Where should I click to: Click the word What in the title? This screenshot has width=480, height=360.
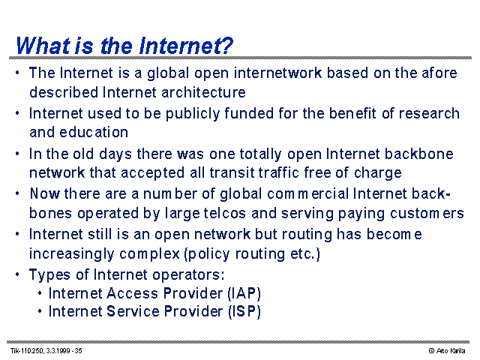pos(43,46)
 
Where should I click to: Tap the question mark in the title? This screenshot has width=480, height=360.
pos(226,46)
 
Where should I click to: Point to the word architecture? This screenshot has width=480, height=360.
pos(203,92)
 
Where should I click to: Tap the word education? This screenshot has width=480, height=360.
pos(94,132)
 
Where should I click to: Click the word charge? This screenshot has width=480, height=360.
pos(378,173)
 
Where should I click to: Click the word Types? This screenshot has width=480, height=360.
pos(49,274)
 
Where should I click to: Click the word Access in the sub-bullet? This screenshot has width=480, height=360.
pos(132,293)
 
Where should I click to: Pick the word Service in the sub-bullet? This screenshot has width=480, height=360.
pos(133,311)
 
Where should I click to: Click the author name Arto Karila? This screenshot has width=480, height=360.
pos(451,351)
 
